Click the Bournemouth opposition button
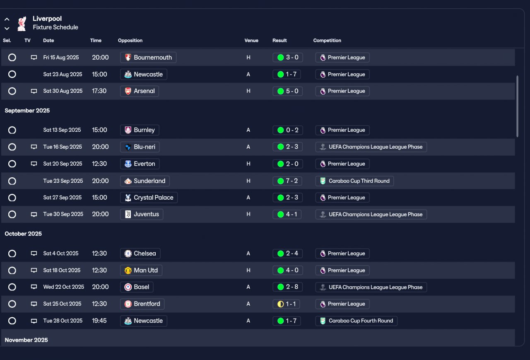tap(148, 58)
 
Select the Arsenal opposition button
tap(140, 91)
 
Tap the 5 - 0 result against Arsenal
tap(288, 91)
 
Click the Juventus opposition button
tap(142, 214)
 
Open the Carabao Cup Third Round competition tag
tap(354, 181)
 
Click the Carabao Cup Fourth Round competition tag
tap(356, 321)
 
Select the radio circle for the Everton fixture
tap(12, 164)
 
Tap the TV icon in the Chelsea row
tap(34, 254)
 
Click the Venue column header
tap(251, 41)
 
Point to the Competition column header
tap(327, 41)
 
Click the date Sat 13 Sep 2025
tap(62, 130)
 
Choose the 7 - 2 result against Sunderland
tap(288, 181)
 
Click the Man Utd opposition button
tap(141, 271)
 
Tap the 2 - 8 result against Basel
tap(288, 287)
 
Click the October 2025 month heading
tap(23, 234)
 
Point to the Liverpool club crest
tap(22, 23)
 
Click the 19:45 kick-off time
tap(99, 321)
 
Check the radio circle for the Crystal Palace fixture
tap(12, 198)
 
